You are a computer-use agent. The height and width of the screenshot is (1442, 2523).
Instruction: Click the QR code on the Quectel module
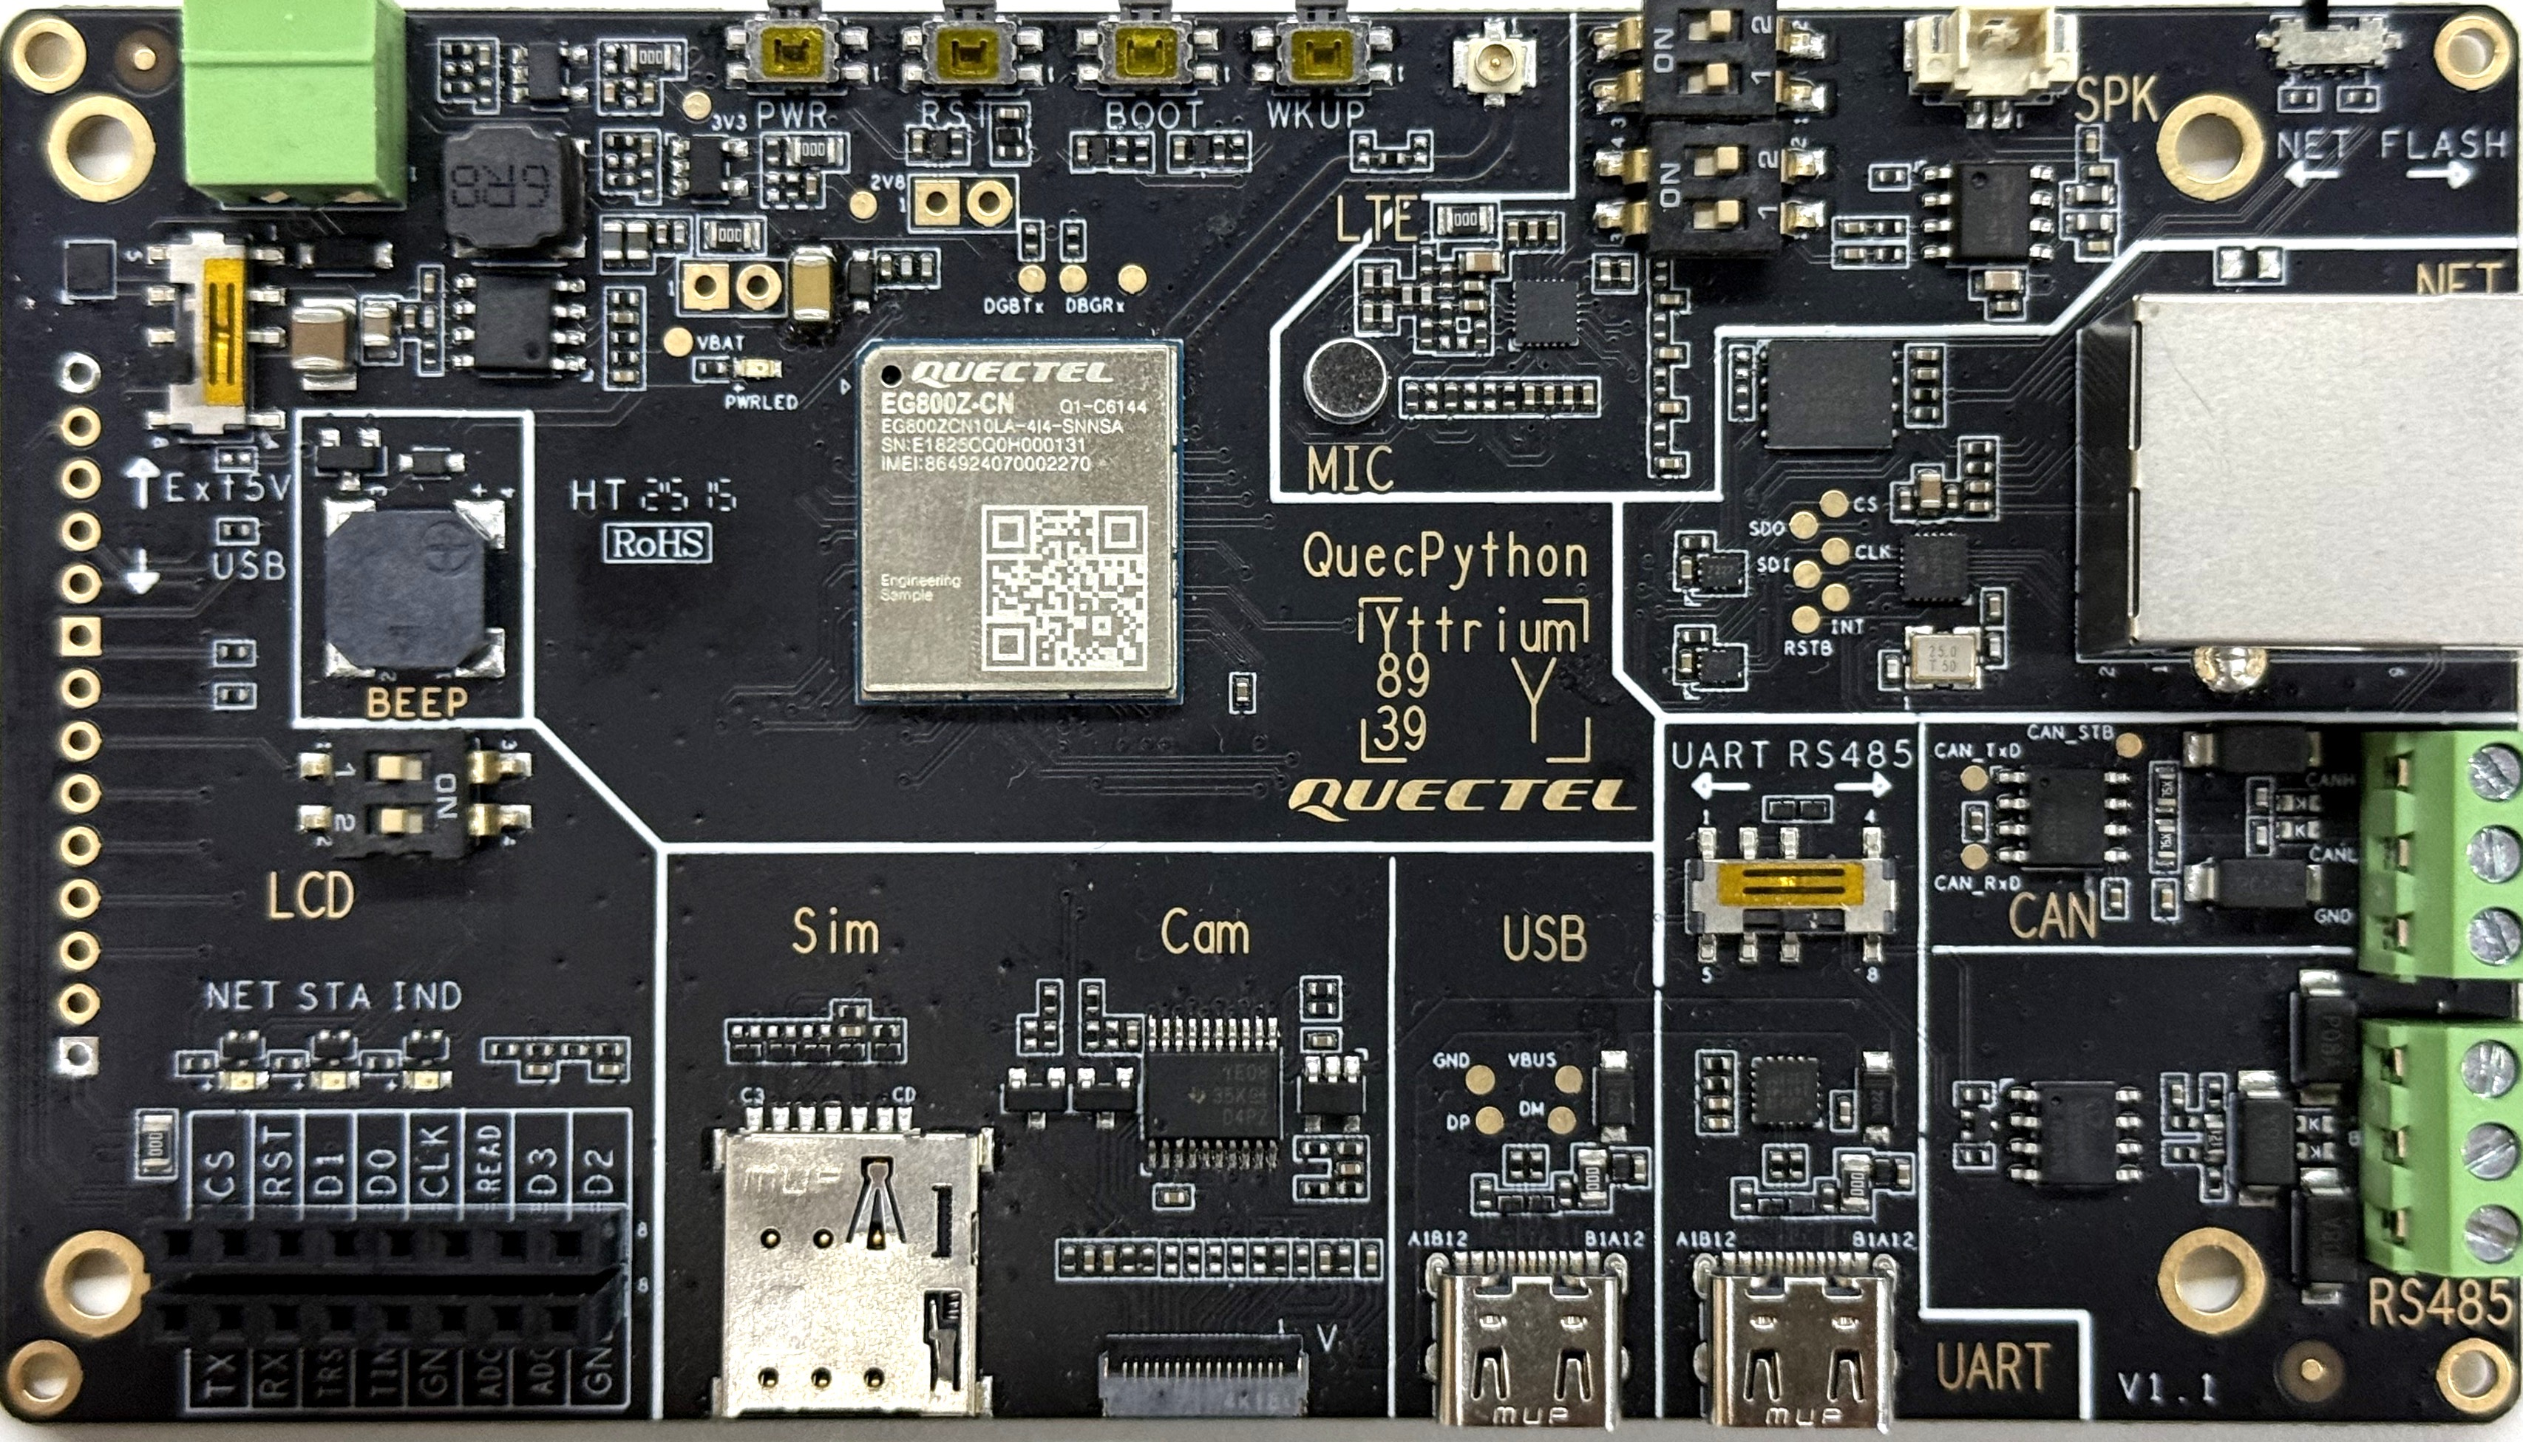tap(1064, 585)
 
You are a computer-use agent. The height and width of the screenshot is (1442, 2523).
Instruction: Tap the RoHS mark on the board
tap(659, 543)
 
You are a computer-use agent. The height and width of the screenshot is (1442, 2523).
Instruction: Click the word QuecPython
tap(1445, 557)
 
